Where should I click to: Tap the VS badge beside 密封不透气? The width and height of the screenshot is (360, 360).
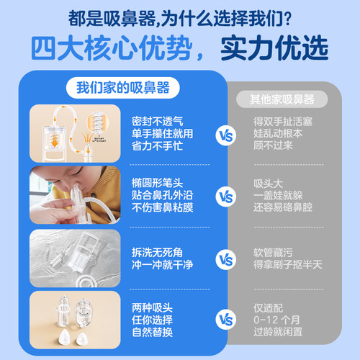(225, 133)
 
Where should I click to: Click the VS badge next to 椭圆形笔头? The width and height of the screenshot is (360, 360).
(225, 195)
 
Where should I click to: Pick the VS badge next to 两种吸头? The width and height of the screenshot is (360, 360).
(225, 317)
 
